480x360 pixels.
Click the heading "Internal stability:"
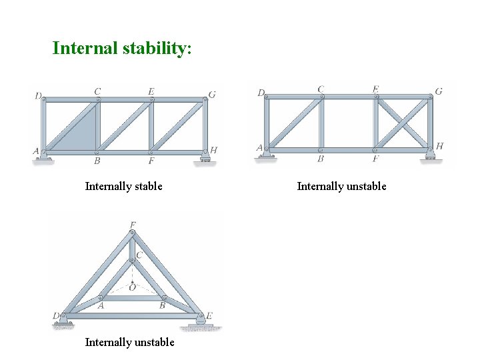click(x=122, y=49)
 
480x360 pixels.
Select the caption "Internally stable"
click(x=123, y=186)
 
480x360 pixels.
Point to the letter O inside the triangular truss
click(x=133, y=288)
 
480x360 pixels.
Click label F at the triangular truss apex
click(x=133, y=225)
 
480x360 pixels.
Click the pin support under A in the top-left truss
click(x=45, y=157)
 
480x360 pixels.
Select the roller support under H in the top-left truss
click(x=205, y=157)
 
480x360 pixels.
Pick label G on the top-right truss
click(x=439, y=91)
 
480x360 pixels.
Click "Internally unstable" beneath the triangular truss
click(x=129, y=342)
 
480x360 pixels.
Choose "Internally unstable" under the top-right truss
click(x=341, y=186)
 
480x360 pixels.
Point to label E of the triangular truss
click(x=209, y=315)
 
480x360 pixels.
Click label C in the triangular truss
click(x=139, y=255)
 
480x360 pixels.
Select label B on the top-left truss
click(x=97, y=161)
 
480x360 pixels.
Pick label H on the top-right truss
click(x=439, y=147)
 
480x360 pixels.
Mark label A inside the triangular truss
click(x=101, y=306)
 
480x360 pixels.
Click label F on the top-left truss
click(x=151, y=161)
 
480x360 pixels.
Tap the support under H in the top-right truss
click(x=429, y=156)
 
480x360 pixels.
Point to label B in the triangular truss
click(x=162, y=306)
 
